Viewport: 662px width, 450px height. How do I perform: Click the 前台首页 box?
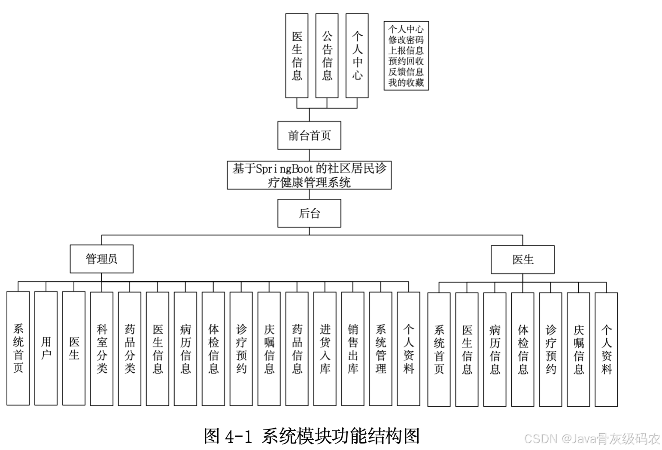tap(309, 135)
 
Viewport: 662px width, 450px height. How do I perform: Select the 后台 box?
tap(309, 213)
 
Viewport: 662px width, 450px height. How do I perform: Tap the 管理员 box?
tap(101, 258)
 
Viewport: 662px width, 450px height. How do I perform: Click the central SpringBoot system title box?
tap(309, 175)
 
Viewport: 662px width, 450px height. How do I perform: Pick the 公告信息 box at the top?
tap(327, 56)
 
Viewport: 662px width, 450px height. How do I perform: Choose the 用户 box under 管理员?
tap(46, 348)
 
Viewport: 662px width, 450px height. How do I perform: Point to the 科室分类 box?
tap(102, 348)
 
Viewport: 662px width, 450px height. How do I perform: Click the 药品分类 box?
tap(130, 348)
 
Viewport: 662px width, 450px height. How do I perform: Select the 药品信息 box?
tap(297, 348)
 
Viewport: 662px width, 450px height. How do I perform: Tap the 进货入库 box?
tap(325, 348)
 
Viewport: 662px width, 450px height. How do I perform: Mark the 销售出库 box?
tap(352, 348)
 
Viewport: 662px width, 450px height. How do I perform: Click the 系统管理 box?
tap(380, 348)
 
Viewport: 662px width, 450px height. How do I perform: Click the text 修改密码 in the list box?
tap(406, 40)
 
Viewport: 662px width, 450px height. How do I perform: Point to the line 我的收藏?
tap(406, 82)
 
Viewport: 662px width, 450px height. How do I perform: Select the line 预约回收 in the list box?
tap(406, 61)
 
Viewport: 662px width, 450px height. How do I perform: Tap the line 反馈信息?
tap(406, 72)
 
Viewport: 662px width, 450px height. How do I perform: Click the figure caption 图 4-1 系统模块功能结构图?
tap(312, 436)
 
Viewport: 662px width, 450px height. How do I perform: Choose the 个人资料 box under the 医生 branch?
tap(606, 349)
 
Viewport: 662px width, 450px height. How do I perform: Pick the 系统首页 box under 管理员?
tap(18, 348)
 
